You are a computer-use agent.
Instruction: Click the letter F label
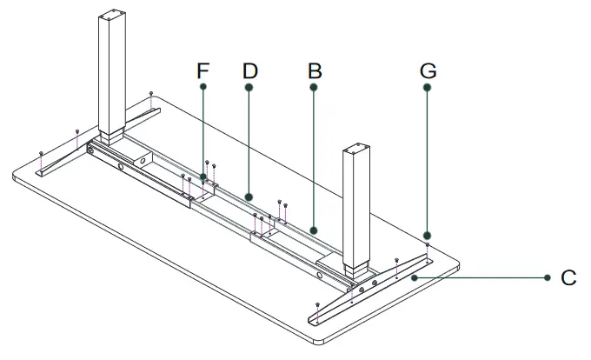pos(203,70)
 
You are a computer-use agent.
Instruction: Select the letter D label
pos(249,70)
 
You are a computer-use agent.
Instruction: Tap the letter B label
pos(314,70)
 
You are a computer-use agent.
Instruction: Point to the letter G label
pos(428,70)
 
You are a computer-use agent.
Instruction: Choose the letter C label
pos(569,278)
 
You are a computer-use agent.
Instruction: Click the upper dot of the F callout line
pos(203,88)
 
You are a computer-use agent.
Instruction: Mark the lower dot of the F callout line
pos(203,177)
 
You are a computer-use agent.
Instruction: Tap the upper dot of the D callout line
pos(249,88)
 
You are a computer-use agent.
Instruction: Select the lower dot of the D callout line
pos(249,197)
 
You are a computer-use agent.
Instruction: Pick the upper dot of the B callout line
pos(314,88)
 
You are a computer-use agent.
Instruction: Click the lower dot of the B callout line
pos(314,230)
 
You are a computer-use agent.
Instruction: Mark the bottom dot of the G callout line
pos(428,236)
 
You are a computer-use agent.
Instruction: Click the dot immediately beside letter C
pos(548,278)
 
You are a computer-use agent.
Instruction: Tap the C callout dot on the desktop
pos(415,278)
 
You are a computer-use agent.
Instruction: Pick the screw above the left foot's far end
pos(151,93)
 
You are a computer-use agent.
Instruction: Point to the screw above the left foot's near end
pos(43,152)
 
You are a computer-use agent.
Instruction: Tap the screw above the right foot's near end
pos(318,303)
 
